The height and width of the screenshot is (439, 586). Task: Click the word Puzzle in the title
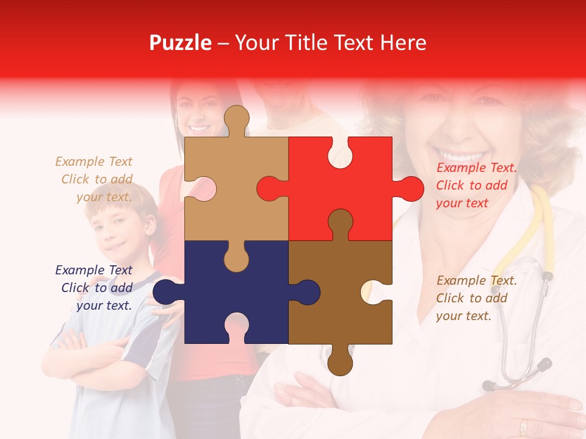[x=181, y=43]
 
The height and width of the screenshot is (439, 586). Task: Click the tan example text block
[x=95, y=179]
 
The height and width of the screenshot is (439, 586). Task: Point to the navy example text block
[x=95, y=288]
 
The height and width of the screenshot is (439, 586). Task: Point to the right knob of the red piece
[x=410, y=189]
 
